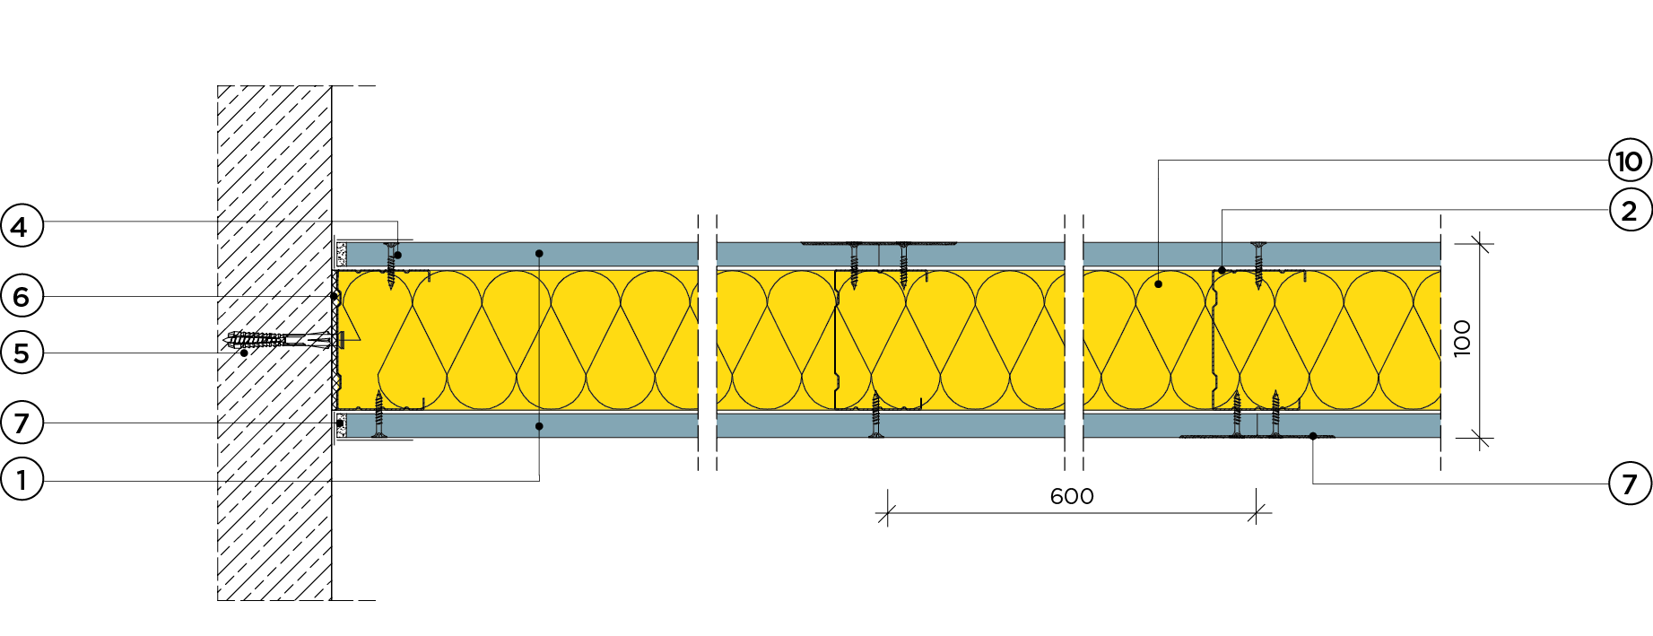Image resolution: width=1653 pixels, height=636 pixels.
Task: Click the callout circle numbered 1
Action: pos(22,479)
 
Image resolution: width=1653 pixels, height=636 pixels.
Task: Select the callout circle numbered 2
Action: pos(1630,211)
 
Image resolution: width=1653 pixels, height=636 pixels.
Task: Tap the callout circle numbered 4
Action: pos(22,226)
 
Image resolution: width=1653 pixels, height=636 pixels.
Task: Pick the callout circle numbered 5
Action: pos(22,353)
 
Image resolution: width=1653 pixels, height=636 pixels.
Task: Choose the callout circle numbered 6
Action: pos(22,296)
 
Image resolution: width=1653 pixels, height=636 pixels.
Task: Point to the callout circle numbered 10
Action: pos(1630,161)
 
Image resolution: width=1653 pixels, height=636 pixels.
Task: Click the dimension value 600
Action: pos(1072,496)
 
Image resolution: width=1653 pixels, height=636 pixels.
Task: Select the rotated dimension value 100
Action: pos(1462,338)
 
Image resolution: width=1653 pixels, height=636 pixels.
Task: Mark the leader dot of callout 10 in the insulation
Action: pos(1159,284)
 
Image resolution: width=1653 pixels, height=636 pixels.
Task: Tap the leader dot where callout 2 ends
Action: pos(1222,270)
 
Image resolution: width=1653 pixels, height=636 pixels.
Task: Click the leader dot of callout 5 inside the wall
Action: pos(244,353)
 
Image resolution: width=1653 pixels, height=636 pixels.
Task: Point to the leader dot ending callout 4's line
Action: pos(397,256)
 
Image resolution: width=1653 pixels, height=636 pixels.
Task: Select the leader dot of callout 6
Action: pos(334,296)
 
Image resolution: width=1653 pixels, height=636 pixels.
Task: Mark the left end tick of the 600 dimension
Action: pos(887,514)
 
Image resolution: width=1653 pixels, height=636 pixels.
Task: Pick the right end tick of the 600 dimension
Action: pos(1257,514)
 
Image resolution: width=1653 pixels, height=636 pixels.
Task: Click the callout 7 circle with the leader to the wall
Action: pos(22,423)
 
